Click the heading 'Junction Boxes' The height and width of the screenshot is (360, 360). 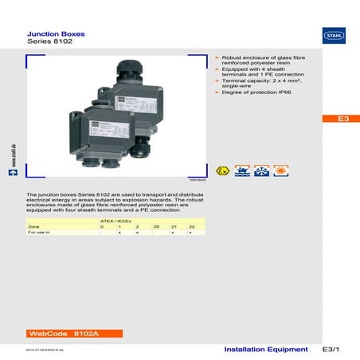(57, 35)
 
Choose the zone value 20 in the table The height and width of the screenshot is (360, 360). (156, 226)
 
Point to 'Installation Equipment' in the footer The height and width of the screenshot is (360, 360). (266, 350)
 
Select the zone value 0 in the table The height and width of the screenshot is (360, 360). (102, 226)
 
